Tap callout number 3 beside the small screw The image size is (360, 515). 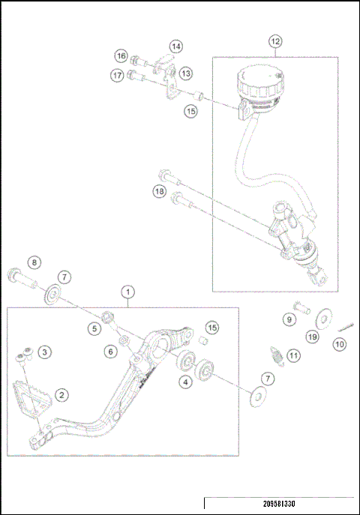coord(45,351)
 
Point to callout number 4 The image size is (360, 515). coord(183,382)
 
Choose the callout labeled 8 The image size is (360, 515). coord(32,262)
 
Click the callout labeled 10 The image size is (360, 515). coord(340,344)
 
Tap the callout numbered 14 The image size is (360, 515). coord(175,46)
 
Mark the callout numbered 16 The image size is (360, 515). coord(121,55)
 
